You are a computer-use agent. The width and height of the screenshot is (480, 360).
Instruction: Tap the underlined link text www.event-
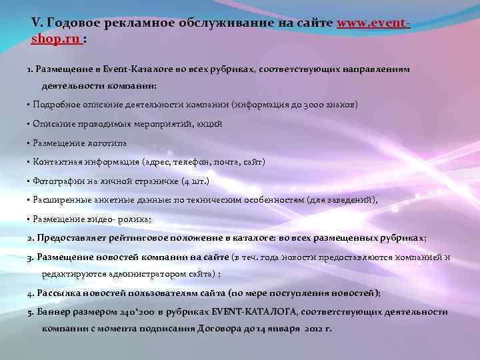pos(374,23)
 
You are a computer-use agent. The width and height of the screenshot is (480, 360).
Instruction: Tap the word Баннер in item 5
pos(53,311)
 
